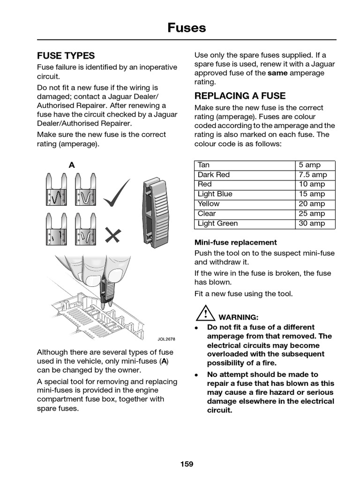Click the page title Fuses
tap(187, 28)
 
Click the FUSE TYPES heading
tap(66, 55)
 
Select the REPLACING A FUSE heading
tap(240, 96)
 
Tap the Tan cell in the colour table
tap(204, 165)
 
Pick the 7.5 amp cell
tap(313, 175)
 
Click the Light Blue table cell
tap(215, 194)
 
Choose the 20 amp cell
tap(312, 204)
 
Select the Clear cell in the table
tap(207, 214)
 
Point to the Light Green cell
tap(217, 224)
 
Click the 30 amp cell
tap(312, 224)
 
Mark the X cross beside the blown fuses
tap(112, 235)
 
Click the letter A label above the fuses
tap(72, 165)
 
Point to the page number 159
tap(187, 464)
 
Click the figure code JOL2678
tap(166, 338)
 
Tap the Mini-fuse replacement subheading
tap(235, 242)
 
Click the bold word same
tap(277, 73)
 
